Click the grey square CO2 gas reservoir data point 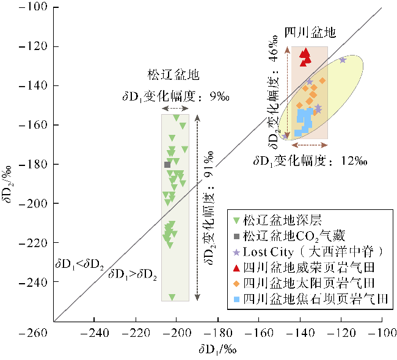pos(167,165)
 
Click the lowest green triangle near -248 pos(172,297)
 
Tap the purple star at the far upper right pos(343,59)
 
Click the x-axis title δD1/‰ pos(217,350)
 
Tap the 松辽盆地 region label pos(173,76)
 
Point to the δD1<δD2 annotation pos(80,264)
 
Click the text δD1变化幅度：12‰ pos(310,161)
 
